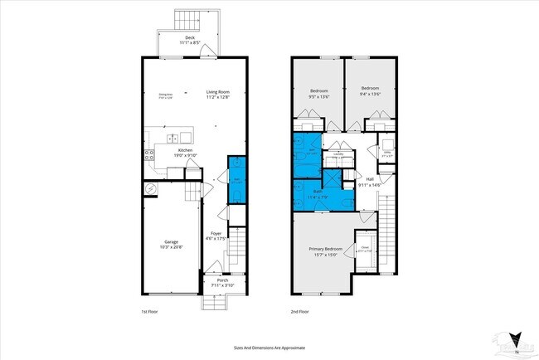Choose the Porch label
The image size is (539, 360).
click(x=222, y=280)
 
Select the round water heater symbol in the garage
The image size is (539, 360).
click(x=150, y=189)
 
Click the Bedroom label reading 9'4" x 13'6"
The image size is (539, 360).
click(x=369, y=89)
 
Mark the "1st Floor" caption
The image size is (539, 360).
click(x=148, y=311)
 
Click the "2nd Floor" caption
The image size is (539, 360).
click(x=299, y=311)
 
